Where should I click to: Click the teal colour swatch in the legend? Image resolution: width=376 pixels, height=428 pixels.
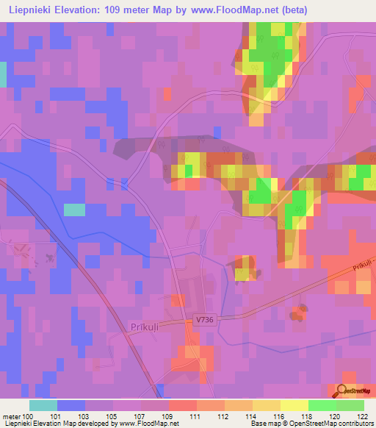pos(43,405)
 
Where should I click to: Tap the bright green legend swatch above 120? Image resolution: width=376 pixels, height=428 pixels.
pos(322,405)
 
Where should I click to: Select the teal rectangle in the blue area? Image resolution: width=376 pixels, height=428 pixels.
pos(74,210)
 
